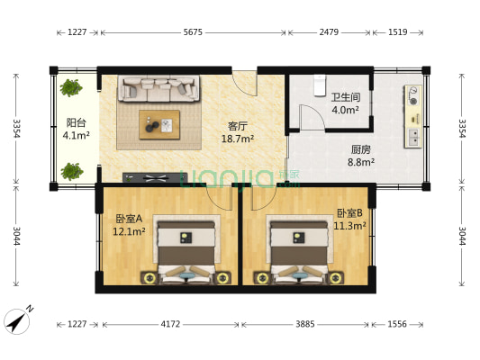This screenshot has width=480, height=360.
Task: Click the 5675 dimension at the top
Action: (x=193, y=32)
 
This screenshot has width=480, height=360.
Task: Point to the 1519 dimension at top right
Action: (x=397, y=32)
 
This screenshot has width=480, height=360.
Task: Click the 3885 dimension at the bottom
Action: (x=308, y=323)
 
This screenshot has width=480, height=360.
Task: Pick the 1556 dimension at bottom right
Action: (x=397, y=323)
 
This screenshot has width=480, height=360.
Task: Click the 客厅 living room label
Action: (x=239, y=127)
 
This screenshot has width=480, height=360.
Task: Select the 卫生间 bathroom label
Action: (x=345, y=98)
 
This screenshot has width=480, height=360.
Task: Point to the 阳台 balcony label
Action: (x=76, y=123)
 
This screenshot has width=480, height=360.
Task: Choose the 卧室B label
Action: (x=349, y=213)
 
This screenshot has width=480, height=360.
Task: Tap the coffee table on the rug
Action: (x=159, y=126)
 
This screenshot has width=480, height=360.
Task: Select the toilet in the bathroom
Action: (x=317, y=85)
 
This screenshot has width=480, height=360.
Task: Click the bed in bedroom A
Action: (x=186, y=252)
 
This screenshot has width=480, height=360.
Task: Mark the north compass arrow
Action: (x=17, y=319)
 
